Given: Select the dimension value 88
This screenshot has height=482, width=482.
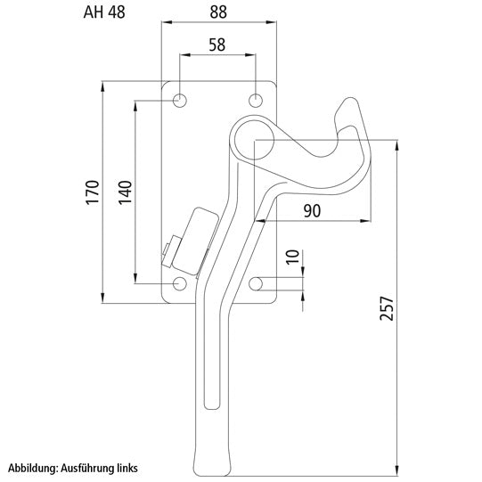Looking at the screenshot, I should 218,12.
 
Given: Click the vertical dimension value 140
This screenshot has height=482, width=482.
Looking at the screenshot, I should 124,192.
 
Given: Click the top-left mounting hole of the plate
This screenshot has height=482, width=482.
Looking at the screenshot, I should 181,100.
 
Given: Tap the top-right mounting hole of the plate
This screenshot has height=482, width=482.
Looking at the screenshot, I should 256,100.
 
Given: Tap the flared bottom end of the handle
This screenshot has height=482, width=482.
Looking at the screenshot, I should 211,462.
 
